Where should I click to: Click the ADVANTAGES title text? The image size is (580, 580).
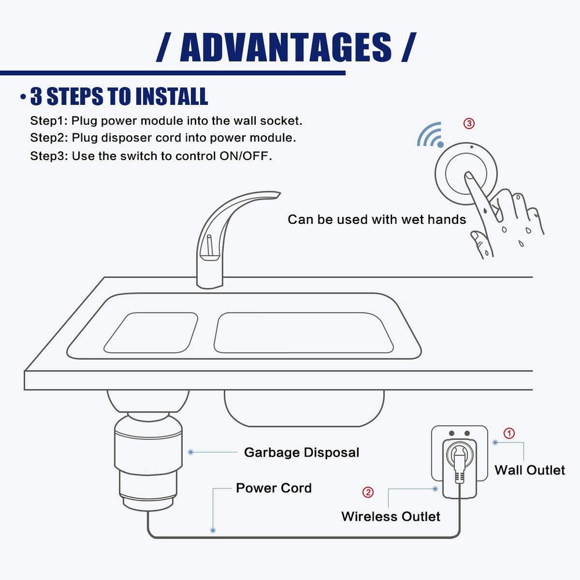286,47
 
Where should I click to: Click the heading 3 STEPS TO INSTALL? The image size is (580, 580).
119,97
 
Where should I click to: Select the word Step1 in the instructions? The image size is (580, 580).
48,121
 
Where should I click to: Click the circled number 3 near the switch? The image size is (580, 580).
469,124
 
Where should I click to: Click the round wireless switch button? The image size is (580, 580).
466,173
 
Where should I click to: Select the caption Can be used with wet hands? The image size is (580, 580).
376,220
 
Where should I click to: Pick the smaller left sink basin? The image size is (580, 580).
150,333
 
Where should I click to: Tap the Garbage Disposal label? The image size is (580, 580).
301,452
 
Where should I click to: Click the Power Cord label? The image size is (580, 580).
273,488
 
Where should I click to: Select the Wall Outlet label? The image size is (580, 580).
529,470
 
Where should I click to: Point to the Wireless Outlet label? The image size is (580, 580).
390,516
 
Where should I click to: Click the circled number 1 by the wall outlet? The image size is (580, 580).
508,433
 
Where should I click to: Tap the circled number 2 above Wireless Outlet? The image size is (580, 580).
368,492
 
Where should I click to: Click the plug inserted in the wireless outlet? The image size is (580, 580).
458,464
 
